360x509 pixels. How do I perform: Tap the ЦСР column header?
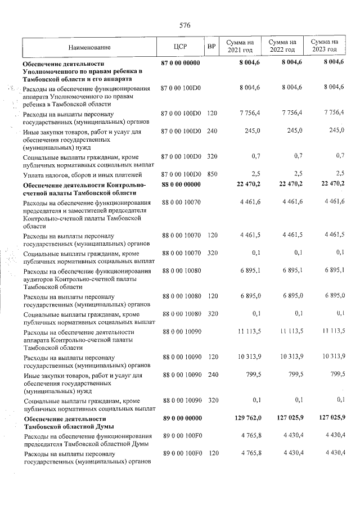pyautogui.click(x=180, y=47)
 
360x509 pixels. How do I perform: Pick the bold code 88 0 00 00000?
pyautogui.click(x=181, y=184)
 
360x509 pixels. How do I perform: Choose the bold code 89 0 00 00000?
pyautogui.click(x=181, y=419)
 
